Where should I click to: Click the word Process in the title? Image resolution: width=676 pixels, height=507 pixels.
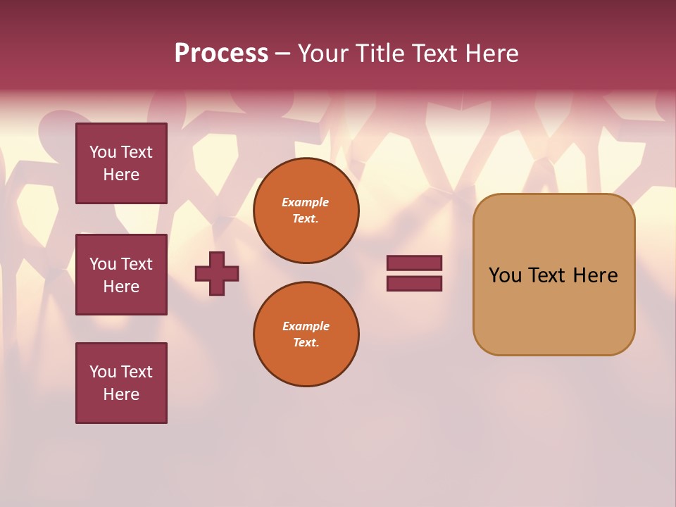[221, 54]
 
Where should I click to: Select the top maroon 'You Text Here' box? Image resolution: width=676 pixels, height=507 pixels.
[121, 163]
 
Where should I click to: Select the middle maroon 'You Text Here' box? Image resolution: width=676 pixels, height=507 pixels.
[121, 275]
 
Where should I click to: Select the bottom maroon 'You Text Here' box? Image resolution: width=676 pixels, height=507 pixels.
[121, 383]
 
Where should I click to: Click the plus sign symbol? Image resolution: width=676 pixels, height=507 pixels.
[217, 273]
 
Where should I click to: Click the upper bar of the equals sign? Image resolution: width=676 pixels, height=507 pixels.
[414, 263]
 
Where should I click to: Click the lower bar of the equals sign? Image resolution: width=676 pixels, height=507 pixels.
[414, 284]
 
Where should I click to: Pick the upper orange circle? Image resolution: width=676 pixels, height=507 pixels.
[306, 211]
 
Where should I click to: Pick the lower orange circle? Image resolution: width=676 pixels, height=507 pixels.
[306, 334]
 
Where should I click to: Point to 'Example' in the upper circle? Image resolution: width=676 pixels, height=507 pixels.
[306, 202]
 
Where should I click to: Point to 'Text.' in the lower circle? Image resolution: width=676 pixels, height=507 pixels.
[306, 343]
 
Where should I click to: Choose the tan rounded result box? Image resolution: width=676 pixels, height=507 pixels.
[553, 275]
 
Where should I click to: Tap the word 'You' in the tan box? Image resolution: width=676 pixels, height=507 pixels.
[505, 275]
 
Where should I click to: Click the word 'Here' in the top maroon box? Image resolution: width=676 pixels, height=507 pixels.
[121, 175]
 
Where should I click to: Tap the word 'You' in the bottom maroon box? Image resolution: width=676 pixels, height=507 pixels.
[103, 372]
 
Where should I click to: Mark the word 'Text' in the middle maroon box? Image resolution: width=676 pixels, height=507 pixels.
[137, 264]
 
